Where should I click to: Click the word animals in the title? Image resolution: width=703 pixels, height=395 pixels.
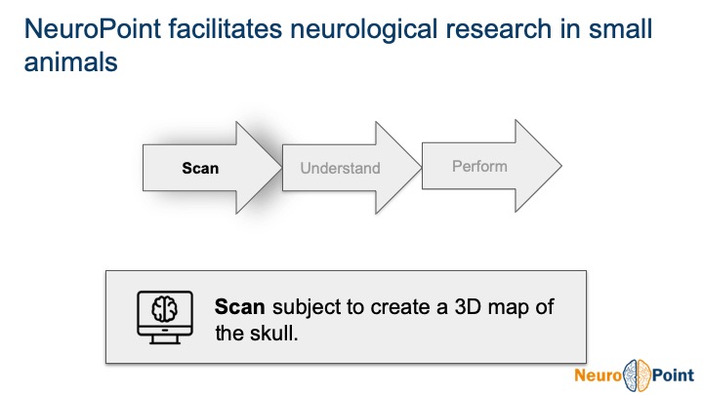[x=69, y=63]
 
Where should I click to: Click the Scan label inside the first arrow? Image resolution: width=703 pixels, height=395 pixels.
[x=200, y=168]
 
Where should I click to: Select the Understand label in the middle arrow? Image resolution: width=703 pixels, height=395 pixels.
[x=340, y=169]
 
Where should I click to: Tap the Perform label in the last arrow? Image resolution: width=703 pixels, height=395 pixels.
[x=479, y=167]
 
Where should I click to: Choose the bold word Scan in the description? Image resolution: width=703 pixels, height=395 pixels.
[x=240, y=306]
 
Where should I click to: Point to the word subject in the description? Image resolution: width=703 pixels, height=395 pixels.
[x=305, y=306]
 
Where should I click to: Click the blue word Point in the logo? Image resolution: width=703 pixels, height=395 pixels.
[x=675, y=375]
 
